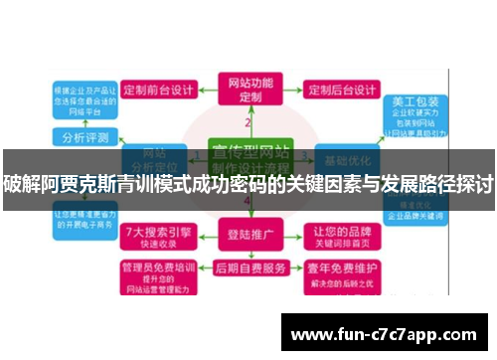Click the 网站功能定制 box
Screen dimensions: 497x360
(249, 90)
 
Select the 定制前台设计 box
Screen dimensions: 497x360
(161, 89)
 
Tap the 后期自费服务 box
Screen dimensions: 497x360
(250, 268)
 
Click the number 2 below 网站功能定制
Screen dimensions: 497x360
(248, 122)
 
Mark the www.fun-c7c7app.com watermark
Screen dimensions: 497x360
(384, 333)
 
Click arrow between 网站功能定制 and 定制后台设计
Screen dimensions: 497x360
(292, 90)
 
